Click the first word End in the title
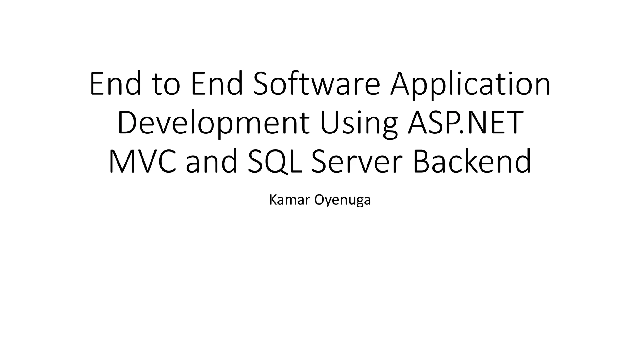[x=115, y=84]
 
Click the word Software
[x=316, y=84]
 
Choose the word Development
[x=213, y=123]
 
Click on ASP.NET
[x=466, y=122]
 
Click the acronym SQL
[x=275, y=161]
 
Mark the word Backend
[x=472, y=161]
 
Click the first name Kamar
[x=289, y=200]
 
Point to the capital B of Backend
[x=422, y=161]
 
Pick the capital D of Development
[x=128, y=122]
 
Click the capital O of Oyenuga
[x=319, y=200]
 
